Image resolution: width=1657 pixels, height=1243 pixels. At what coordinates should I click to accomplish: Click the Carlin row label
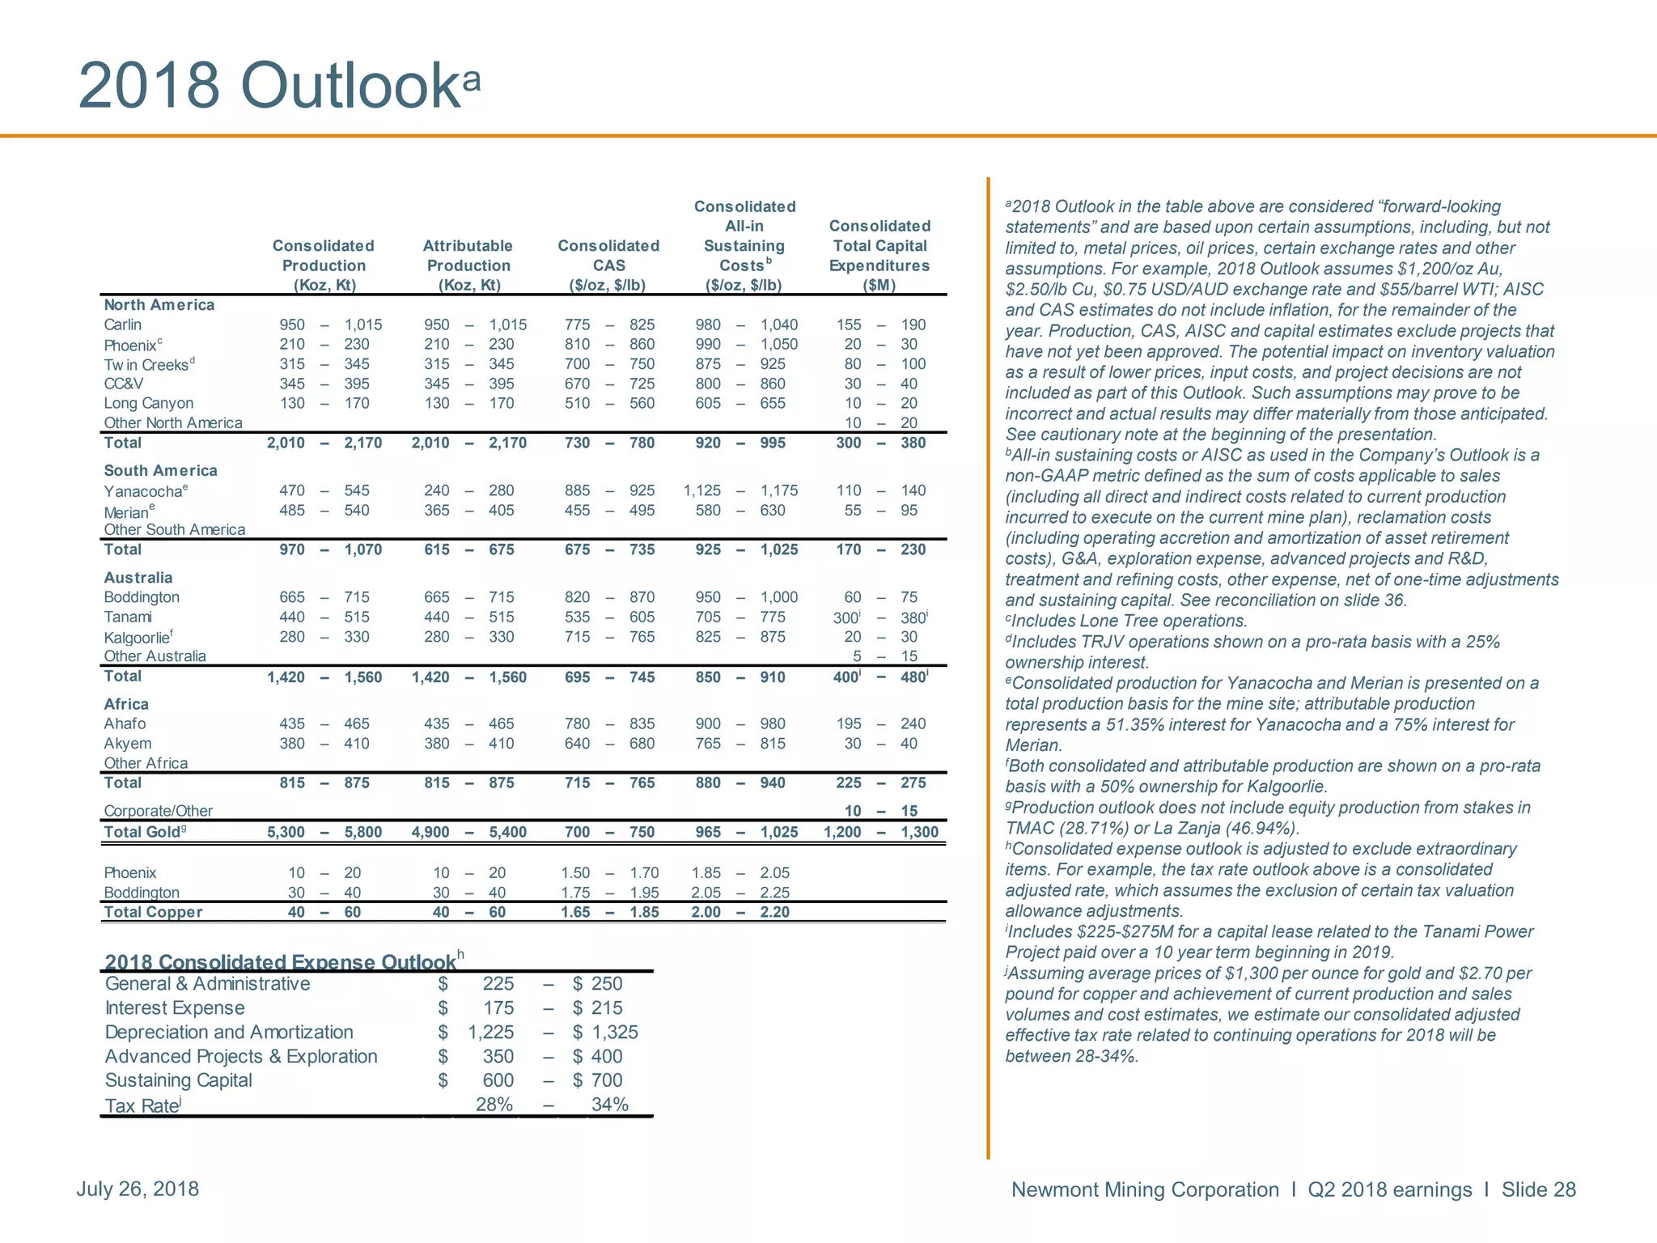coord(123,325)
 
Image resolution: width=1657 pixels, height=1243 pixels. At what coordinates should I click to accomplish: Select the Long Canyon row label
coord(149,403)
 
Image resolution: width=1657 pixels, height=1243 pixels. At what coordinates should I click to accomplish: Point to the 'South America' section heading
coord(160,470)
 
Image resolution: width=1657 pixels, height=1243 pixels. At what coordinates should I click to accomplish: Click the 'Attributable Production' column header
coord(468,265)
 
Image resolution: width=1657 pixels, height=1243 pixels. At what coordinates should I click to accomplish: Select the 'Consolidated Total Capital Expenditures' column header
coord(879,255)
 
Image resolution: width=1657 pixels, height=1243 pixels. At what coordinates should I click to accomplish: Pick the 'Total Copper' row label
coord(153,912)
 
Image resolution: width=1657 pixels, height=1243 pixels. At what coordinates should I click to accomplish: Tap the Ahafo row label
coord(125,723)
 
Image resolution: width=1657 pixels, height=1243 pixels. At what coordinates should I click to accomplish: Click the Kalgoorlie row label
coord(137,638)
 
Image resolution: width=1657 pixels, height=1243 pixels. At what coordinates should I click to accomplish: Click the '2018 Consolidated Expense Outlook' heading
coord(281,961)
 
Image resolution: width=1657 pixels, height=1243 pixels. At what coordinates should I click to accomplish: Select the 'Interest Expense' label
coord(175,1008)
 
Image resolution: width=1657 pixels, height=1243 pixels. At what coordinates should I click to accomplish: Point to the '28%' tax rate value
coord(494,1105)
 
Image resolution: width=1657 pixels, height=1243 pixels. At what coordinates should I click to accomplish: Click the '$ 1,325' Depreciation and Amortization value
coord(605,1033)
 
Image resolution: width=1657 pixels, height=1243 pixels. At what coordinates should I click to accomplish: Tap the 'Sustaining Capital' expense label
coord(179,1080)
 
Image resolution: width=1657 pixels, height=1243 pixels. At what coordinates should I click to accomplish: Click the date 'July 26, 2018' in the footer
coord(138,1189)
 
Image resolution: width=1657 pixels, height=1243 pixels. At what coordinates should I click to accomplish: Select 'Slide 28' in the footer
coord(1538,1190)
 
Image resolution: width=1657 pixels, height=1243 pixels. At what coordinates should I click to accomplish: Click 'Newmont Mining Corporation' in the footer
coord(1145,1190)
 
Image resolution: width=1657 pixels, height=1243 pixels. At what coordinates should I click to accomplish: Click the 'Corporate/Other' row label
coord(159,811)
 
